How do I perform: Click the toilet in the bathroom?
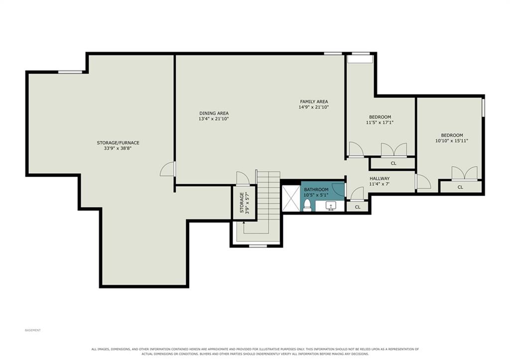click(307, 205)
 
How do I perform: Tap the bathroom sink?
click(331, 206)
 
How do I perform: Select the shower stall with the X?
click(291, 198)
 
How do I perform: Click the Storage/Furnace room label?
click(118, 143)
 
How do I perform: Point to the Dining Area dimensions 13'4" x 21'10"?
click(214, 119)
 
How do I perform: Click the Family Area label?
click(314, 102)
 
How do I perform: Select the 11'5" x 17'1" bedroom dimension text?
click(380, 122)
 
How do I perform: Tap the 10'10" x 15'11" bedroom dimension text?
click(452, 141)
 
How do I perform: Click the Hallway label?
click(380, 179)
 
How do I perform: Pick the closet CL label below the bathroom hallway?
click(358, 207)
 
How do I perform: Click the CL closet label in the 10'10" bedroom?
click(460, 187)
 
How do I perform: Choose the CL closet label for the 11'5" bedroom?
click(393, 163)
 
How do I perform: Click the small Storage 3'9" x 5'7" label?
click(244, 203)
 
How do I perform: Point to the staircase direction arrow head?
click(244, 223)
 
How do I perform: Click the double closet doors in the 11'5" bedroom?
click(394, 149)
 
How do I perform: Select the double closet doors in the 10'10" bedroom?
click(465, 173)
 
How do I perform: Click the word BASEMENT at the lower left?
click(33, 330)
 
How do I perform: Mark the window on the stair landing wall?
click(258, 246)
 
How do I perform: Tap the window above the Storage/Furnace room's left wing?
click(70, 72)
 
